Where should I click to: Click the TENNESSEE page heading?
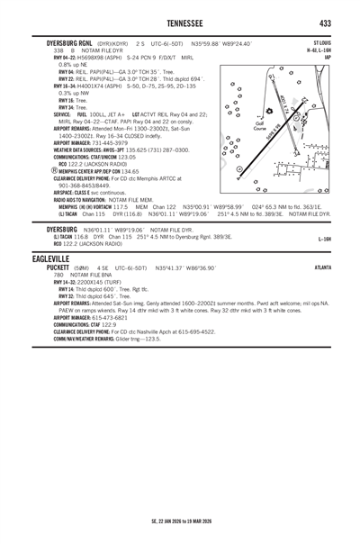[x=180, y=22]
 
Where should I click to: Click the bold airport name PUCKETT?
[x=41, y=267]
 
